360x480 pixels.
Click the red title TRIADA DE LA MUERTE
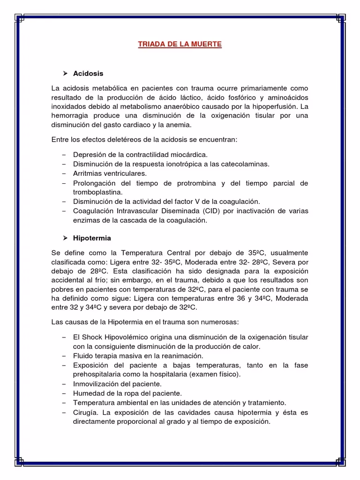[180, 45]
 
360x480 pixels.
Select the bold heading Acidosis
[88, 74]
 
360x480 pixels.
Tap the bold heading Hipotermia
[92, 238]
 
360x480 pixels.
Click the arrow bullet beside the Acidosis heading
[66, 74]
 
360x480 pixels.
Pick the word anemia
[181, 125]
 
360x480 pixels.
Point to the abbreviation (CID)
[209, 210]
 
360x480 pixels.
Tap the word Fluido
[83, 356]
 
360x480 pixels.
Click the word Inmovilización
[94, 383]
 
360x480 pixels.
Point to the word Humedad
[88, 393]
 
